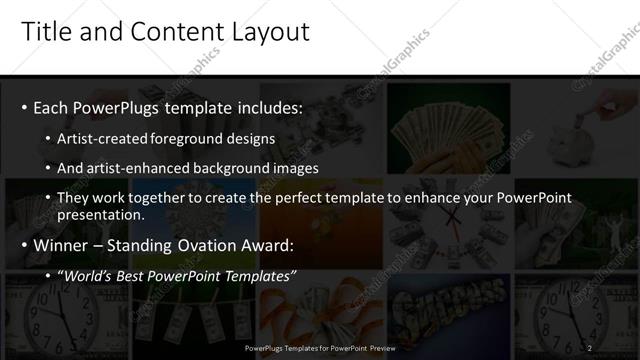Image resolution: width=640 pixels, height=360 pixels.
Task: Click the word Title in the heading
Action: [x=45, y=32]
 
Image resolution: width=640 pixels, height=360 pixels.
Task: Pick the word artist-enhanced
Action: [x=142, y=167]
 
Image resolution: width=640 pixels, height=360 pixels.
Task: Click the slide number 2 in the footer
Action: [x=590, y=347]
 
